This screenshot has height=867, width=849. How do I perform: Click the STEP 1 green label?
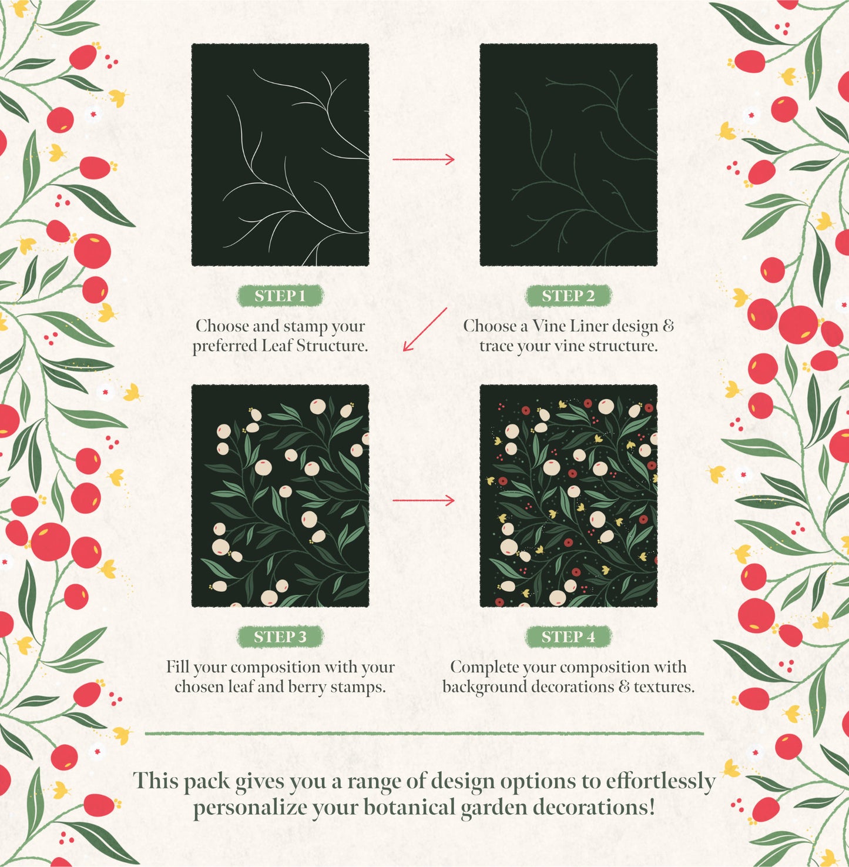coord(280,296)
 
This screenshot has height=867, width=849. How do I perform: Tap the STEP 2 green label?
coord(568,296)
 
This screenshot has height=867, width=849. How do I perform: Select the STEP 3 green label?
coord(280,637)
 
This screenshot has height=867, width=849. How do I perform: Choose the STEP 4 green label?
coord(568,637)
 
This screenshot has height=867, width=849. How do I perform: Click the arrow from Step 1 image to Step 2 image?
coord(424,159)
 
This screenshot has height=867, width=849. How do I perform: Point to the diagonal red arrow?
coord(425,329)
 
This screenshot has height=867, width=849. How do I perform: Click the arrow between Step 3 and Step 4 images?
coord(424,500)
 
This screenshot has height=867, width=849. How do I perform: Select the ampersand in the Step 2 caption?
coord(668,326)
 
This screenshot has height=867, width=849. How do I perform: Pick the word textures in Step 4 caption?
coord(663,687)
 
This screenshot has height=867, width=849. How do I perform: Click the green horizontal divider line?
coord(424,734)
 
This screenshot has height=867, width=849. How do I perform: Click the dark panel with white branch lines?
coord(280,155)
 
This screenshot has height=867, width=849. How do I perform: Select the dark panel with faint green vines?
coord(568,155)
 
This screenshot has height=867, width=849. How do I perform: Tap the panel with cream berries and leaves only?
coord(280,496)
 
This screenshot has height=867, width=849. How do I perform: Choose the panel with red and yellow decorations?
coord(568,496)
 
